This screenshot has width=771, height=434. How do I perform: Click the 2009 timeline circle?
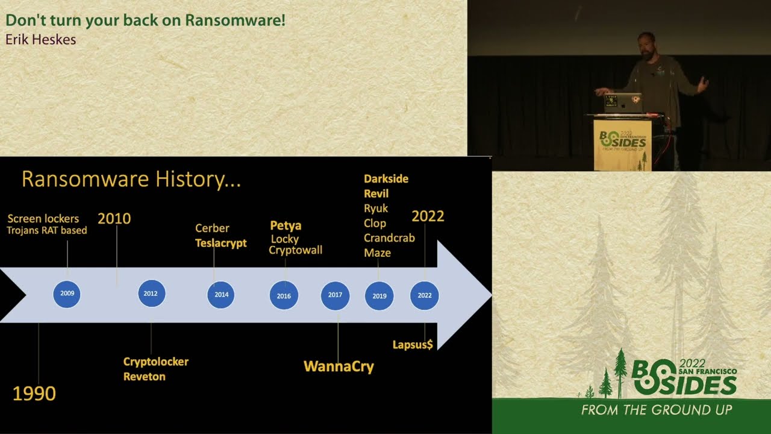[67, 294]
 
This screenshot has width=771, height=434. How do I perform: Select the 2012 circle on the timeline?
[151, 294]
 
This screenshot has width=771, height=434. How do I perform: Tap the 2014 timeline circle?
[221, 295]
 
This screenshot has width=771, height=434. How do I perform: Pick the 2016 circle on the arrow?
[284, 295]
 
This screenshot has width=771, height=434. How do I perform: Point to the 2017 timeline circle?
[335, 295]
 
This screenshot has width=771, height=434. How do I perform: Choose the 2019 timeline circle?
[379, 296]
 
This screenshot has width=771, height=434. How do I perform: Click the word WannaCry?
[339, 366]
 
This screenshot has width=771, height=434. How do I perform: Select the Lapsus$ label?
[413, 345]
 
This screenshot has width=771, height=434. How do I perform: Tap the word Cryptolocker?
[156, 362]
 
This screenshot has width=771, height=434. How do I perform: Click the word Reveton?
[145, 377]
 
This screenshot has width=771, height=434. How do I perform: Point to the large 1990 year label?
[34, 394]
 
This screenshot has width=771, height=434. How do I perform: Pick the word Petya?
[286, 225]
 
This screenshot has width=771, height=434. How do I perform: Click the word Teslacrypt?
[221, 244]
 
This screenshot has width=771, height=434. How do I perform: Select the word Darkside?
[386, 179]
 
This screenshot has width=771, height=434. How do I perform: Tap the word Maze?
[377, 253]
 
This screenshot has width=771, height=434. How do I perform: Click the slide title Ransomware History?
[131, 179]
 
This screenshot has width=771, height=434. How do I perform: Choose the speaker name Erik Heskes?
[40, 40]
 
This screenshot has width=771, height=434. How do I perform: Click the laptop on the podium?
[623, 102]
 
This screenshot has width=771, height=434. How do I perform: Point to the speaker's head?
[646, 45]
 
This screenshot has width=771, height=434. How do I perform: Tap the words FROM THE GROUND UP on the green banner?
[657, 410]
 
